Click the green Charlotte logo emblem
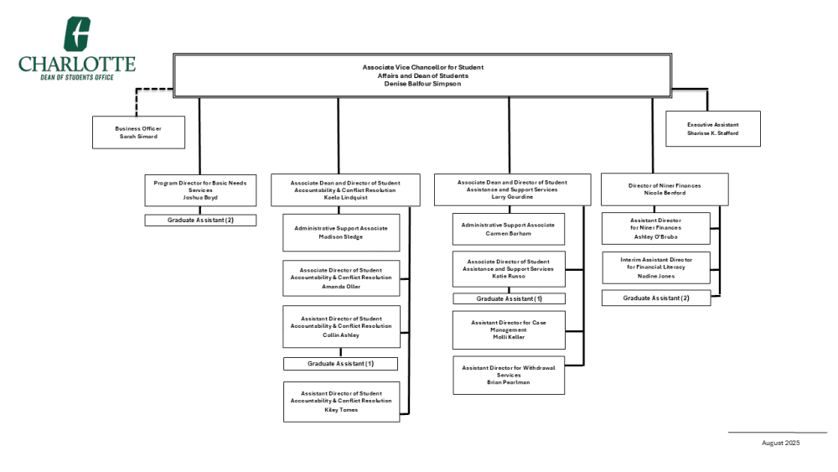pos(77,34)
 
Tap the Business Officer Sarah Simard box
pos(138,132)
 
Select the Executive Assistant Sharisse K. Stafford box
pos(713,129)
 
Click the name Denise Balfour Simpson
pos(422,84)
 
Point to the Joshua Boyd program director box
pos(200,190)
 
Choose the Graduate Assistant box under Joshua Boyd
pos(200,220)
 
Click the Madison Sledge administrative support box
pos(341,232)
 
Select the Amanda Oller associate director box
pos(341,278)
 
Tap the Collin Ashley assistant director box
pos(341,327)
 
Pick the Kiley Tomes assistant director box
pos(342,402)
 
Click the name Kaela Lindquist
pos(345,198)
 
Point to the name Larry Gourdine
pos(512,197)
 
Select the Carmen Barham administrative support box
pos(509,230)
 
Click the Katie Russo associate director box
pos(509,269)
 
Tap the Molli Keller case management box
pos(509,329)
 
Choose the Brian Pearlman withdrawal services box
pos(509,376)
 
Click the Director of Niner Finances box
pos(665,189)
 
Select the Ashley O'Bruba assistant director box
pos(656,228)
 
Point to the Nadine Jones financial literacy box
pos(656,267)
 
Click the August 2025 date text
pos(781,443)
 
